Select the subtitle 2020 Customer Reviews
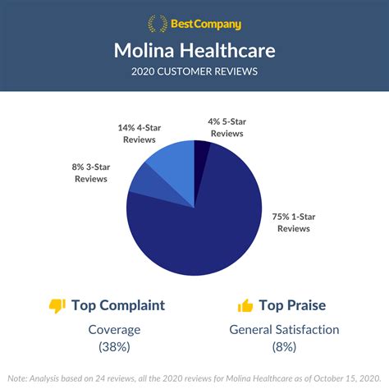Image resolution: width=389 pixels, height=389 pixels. click(194, 71)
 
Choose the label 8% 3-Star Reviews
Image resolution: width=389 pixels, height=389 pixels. click(89, 172)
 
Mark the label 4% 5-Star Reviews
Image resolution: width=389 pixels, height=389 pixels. click(227, 128)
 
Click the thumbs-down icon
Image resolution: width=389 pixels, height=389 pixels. click(57, 306)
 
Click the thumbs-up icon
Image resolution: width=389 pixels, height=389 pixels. click(245, 306)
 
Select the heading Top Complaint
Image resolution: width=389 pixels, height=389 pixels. click(118, 305)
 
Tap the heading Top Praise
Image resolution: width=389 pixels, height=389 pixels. click(293, 305)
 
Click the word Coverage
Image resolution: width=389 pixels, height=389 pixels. click(113, 330)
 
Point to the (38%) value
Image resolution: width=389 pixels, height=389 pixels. click(113, 347)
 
